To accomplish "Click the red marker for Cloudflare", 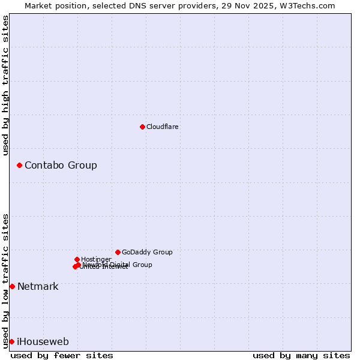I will [x=142, y=127].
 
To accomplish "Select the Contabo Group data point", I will [x=19, y=165].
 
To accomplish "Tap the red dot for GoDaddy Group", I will [x=118, y=252].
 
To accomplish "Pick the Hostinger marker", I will [x=77, y=259].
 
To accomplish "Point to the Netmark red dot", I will [x=12, y=286].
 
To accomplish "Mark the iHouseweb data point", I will [x=11, y=341].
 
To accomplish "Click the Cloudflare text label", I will [x=162, y=127].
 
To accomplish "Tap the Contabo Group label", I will [x=61, y=165].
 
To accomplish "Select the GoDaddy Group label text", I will [x=147, y=252].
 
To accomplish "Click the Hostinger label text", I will [x=96, y=259].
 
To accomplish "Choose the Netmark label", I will [x=38, y=286].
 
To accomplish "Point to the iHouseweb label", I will [x=43, y=341].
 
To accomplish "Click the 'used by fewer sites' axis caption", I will [x=62, y=355].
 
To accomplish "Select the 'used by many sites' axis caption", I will [x=301, y=355].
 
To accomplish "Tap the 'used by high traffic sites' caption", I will [x=5, y=85].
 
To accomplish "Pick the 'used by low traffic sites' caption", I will [x=5, y=281].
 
